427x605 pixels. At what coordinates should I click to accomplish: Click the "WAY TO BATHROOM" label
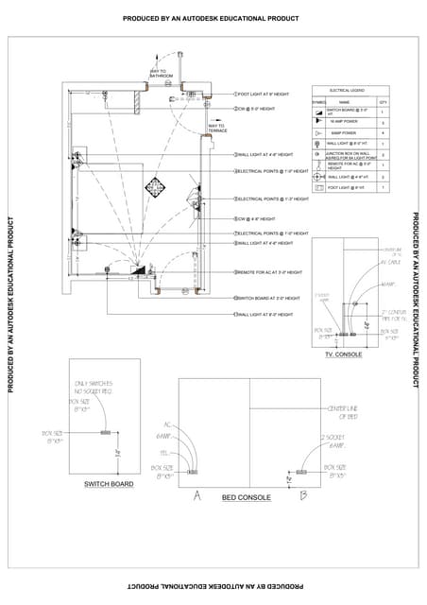tap(159, 73)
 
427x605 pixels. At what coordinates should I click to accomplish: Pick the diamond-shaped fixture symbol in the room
tap(155, 185)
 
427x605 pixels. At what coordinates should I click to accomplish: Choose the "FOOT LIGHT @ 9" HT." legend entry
tap(346, 187)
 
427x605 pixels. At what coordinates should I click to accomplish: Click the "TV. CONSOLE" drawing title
tap(343, 354)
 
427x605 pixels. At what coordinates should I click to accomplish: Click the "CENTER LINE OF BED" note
tap(342, 411)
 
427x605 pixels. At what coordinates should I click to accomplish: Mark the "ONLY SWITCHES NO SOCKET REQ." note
tap(94, 387)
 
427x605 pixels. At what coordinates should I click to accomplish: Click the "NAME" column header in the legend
tap(344, 101)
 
